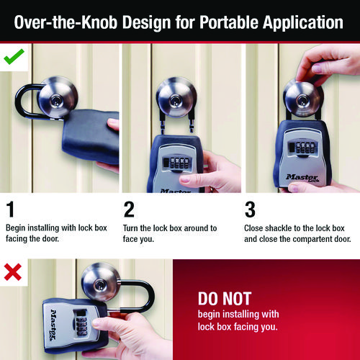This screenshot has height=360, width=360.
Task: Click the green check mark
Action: coord(14,57)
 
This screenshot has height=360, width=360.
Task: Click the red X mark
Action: coord(13,272)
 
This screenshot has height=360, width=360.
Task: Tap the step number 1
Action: coord(10,210)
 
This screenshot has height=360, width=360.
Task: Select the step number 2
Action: coord(129,210)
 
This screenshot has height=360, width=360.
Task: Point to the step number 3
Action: coord(250,210)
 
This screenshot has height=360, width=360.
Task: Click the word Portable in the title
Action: coord(229,22)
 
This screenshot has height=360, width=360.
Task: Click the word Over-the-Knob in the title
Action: coord(66,22)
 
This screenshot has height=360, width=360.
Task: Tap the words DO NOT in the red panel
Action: coord(225,299)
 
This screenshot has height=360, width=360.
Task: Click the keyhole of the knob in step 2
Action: coord(176,101)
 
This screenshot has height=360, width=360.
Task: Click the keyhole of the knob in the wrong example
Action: coord(99,286)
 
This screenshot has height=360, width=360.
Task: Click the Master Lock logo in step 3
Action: coord(302,178)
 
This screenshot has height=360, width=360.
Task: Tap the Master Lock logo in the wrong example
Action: coord(54,325)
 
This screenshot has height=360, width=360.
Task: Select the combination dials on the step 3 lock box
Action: coord(305,148)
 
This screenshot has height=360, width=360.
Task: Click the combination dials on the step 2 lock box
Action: coord(179,163)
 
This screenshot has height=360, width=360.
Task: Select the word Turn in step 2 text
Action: coord(130,228)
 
